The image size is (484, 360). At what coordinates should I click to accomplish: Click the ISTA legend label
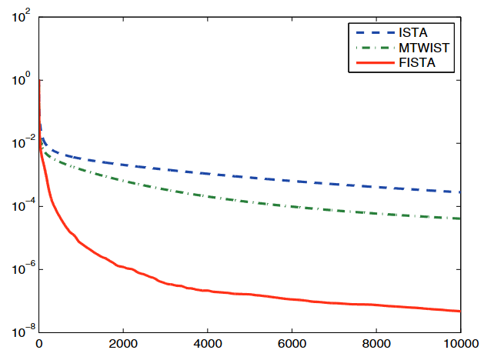[415, 33]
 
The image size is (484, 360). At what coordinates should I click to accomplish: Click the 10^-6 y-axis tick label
[18, 269]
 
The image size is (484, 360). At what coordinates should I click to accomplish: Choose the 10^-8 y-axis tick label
[18, 332]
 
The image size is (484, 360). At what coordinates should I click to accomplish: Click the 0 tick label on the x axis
[38, 345]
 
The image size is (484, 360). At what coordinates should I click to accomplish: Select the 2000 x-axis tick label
[123, 345]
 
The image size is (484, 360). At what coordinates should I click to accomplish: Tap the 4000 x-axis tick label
[207, 345]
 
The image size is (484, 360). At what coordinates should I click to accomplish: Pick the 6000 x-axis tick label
[292, 345]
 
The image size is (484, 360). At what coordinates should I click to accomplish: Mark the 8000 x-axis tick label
[376, 345]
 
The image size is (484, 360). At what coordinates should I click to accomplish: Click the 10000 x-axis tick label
[459, 345]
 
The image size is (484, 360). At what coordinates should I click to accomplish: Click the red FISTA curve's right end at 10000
[459, 312]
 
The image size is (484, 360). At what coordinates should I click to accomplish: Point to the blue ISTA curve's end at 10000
[459, 192]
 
